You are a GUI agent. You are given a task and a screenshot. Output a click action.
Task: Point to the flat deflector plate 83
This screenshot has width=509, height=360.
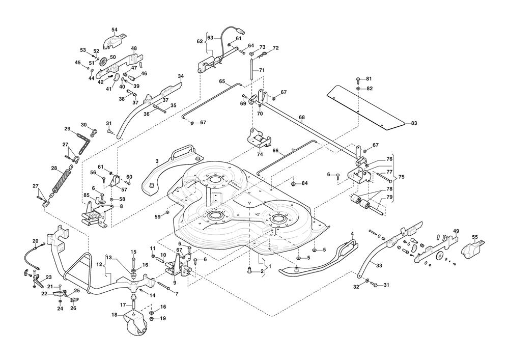pos(366,105)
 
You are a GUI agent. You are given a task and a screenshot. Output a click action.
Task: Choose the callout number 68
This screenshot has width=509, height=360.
pos(302,118)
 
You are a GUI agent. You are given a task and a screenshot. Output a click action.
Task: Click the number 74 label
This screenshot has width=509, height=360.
pos(260,154)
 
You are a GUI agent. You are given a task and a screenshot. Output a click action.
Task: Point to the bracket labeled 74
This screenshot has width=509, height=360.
pos(258,139)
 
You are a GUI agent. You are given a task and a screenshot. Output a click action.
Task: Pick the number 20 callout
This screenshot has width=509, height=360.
pos(35,241)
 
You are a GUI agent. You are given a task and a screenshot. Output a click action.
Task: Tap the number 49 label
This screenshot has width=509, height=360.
pos(456,231)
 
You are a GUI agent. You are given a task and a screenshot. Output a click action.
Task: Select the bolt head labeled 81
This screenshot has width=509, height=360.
pos(358,79)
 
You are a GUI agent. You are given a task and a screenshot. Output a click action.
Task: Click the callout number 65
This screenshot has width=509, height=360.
pos(222,81)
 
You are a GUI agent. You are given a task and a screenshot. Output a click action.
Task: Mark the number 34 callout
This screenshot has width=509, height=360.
pos(180,76)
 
